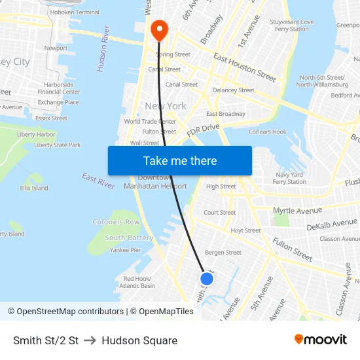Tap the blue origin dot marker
click(x=206, y=279)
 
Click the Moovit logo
click(x=320, y=340)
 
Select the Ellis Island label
click(x=34, y=188)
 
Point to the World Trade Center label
click(x=150, y=121)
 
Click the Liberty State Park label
click(x=58, y=145)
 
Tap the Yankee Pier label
click(x=125, y=249)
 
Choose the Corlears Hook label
click(x=268, y=132)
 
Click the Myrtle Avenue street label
click(x=297, y=211)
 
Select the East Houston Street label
click(x=245, y=67)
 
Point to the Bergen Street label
click(x=223, y=252)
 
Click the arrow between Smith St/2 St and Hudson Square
click(x=90, y=340)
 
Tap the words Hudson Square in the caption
click(x=139, y=340)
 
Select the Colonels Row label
click(x=116, y=222)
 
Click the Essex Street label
click(x=51, y=118)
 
